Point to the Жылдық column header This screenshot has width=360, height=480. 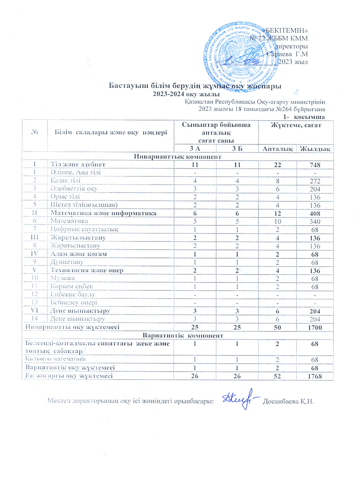[x=314, y=149]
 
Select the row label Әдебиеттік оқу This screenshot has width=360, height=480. [x=73, y=188]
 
